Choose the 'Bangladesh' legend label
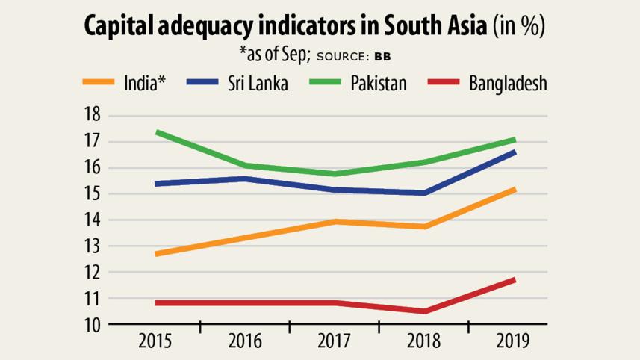[x=508, y=82]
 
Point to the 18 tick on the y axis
[x=92, y=116]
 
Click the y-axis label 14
[x=92, y=220]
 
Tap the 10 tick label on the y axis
[x=92, y=325]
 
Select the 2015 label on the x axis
[x=155, y=341]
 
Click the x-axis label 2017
[x=335, y=341]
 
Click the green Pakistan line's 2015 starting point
[x=156, y=132]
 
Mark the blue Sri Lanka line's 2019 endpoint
[x=514, y=152]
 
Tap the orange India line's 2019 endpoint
[x=514, y=190]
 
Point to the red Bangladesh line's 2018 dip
[x=424, y=311]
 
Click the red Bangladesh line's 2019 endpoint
[x=514, y=280]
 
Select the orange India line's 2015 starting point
[x=156, y=254]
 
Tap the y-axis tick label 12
[x=92, y=273]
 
